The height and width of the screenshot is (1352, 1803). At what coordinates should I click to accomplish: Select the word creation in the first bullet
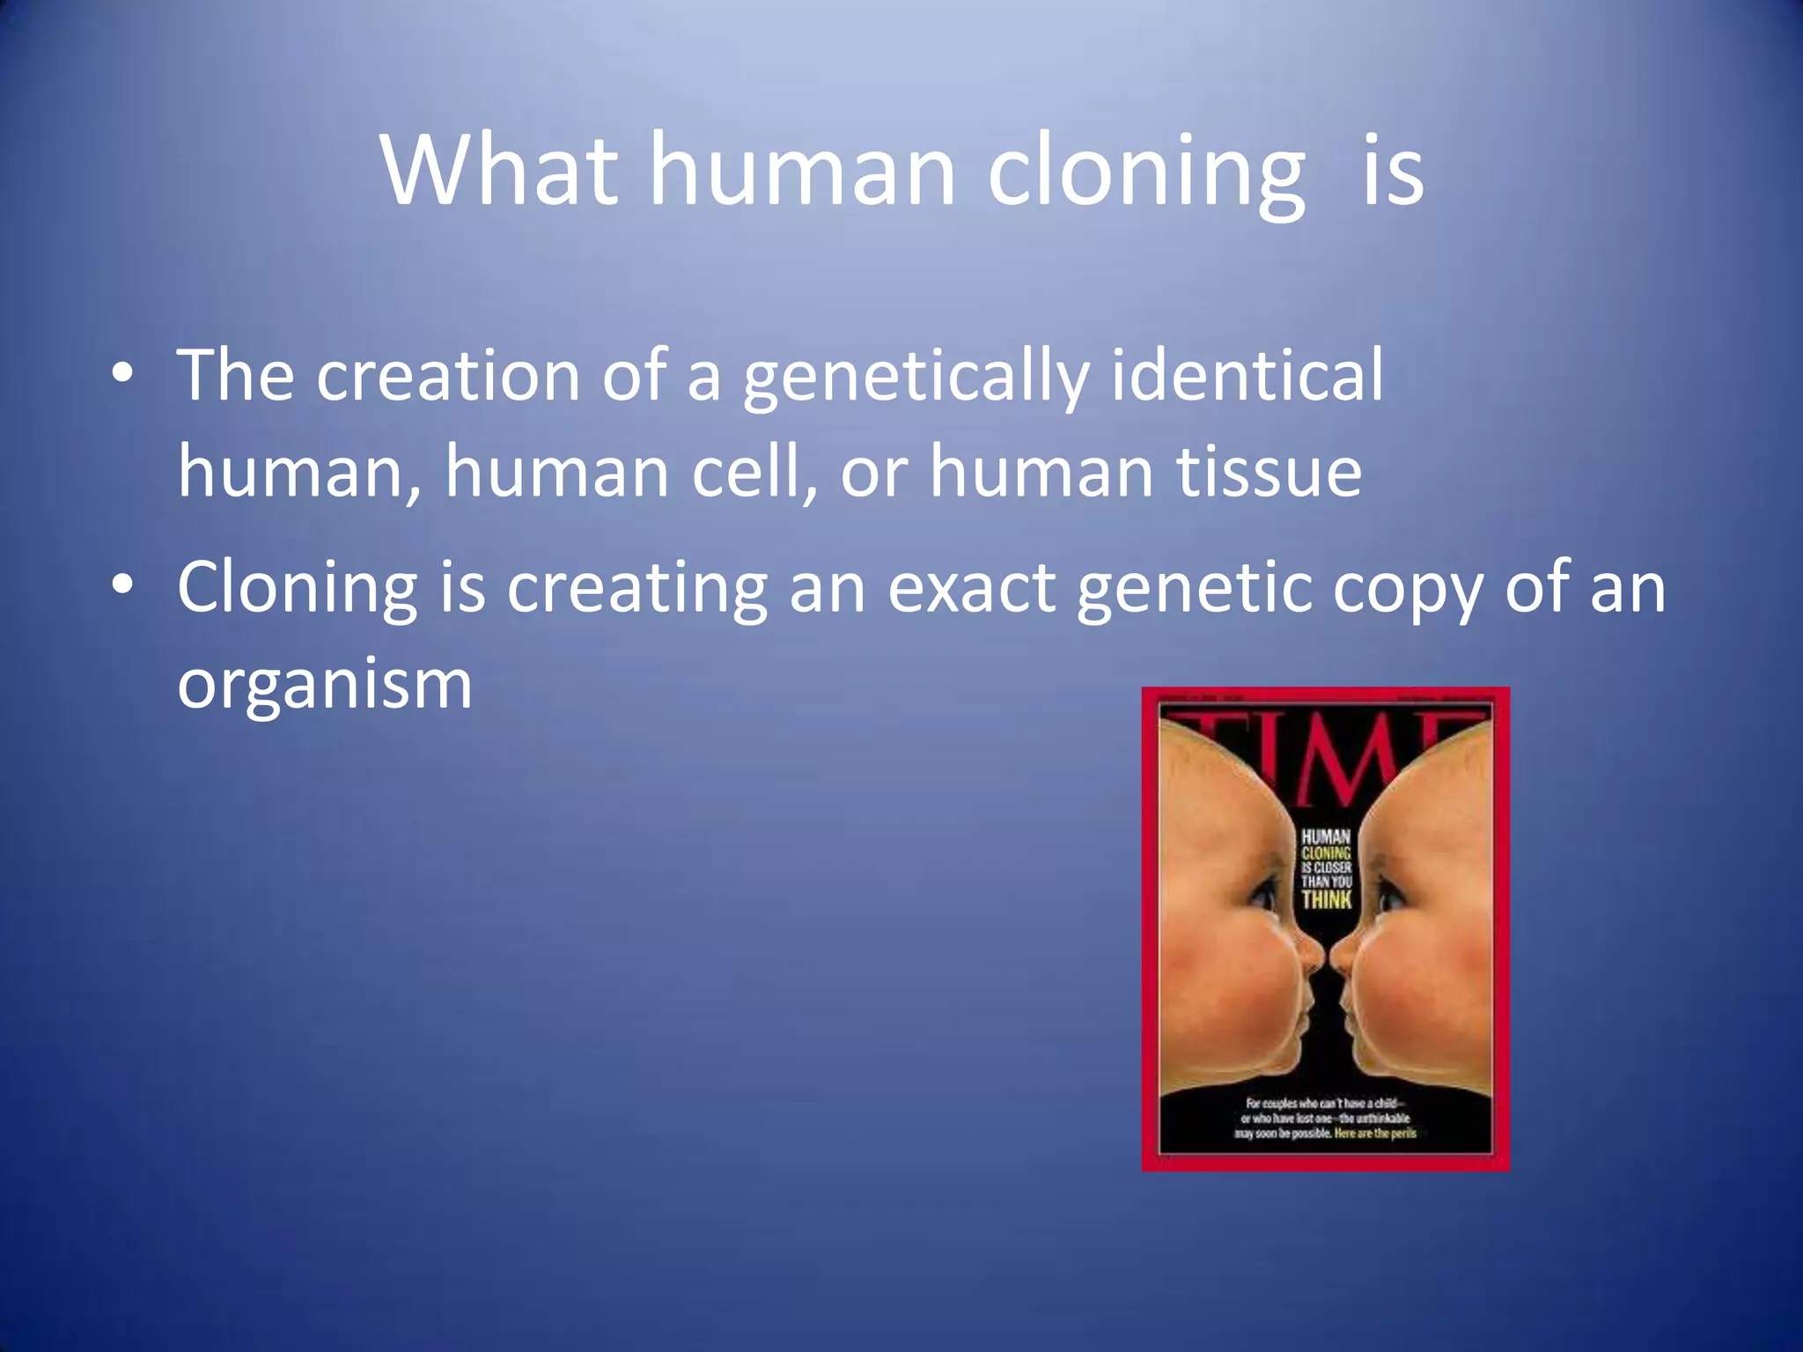click(x=448, y=376)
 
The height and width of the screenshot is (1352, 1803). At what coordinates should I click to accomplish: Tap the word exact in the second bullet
click(x=971, y=588)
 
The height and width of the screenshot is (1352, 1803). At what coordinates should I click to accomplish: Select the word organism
click(x=325, y=685)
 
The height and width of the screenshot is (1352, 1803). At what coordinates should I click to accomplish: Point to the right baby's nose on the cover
click(x=1343, y=952)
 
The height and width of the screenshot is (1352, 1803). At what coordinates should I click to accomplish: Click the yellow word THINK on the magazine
click(x=1326, y=899)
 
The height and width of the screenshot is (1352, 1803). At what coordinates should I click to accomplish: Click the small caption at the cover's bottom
click(x=1326, y=1118)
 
